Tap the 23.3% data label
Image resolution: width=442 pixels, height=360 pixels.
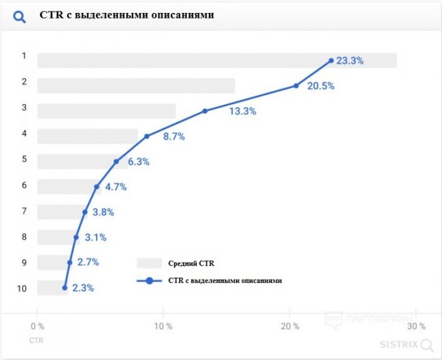point(350,61)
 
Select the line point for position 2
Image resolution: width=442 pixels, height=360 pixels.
point(296,86)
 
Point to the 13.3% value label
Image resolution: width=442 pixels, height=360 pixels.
point(242,112)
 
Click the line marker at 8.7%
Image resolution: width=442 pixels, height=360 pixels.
point(146,136)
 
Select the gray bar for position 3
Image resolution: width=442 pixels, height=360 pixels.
point(106,111)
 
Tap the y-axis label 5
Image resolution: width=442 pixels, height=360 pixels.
point(24,159)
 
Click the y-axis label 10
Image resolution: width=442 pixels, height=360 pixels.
point(22,289)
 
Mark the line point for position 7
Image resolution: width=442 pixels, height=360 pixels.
point(85,212)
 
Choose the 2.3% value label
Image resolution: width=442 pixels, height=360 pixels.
point(82,288)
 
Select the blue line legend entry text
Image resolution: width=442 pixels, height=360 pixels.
point(224,280)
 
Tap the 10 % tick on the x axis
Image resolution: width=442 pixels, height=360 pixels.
point(163,326)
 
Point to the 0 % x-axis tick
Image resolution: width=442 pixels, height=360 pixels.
point(38,326)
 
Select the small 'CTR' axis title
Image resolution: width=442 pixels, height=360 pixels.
point(37,339)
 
